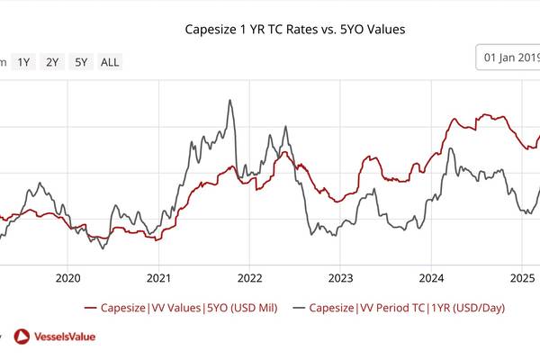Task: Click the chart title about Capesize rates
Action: [294, 30]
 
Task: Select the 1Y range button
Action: [24, 62]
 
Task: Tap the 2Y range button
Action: [53, 62]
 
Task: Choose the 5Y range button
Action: [81, 62]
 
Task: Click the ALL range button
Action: [109, 62]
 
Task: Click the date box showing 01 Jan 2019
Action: [509, 58]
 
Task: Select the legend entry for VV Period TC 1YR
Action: [406, 308]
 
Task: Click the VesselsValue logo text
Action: [65, 337]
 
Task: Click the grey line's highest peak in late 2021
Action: [230, 100]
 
